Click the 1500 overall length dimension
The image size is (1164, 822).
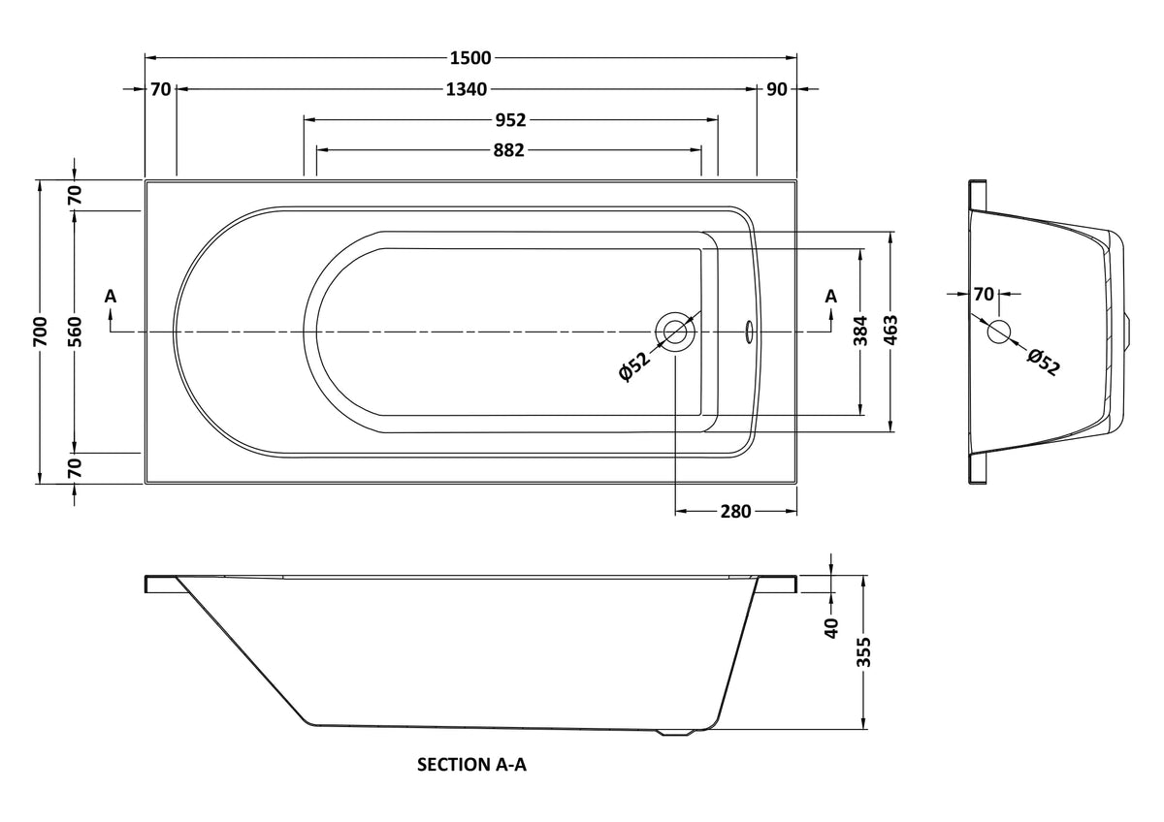coord(470,57)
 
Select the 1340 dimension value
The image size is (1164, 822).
coord(467,89)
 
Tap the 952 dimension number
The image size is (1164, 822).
coord(510,120)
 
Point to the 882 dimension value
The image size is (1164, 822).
coord(508,150)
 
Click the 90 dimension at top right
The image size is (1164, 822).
coord(777,89)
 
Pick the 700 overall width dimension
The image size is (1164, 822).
coord(41,332)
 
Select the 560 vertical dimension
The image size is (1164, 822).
coord(75,332)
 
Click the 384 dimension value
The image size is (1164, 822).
coord(860,331)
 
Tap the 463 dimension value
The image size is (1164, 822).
coord(890,331)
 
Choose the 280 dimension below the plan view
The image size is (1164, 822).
coord(736,512)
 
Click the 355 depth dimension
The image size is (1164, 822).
coord(863,651)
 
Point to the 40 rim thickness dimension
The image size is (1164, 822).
coord(832,628)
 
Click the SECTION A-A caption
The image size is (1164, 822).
coord(471,765)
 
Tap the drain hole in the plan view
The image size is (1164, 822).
coord(674,332)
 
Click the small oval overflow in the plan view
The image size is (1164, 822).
coord(748,332)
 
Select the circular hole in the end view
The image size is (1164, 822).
coord(998,332)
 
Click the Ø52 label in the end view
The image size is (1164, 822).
coord(1043,362)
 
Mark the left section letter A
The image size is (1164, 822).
coord(111,296)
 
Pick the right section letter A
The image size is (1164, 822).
coord(831,296)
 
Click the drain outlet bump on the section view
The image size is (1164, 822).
coord(675,732)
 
